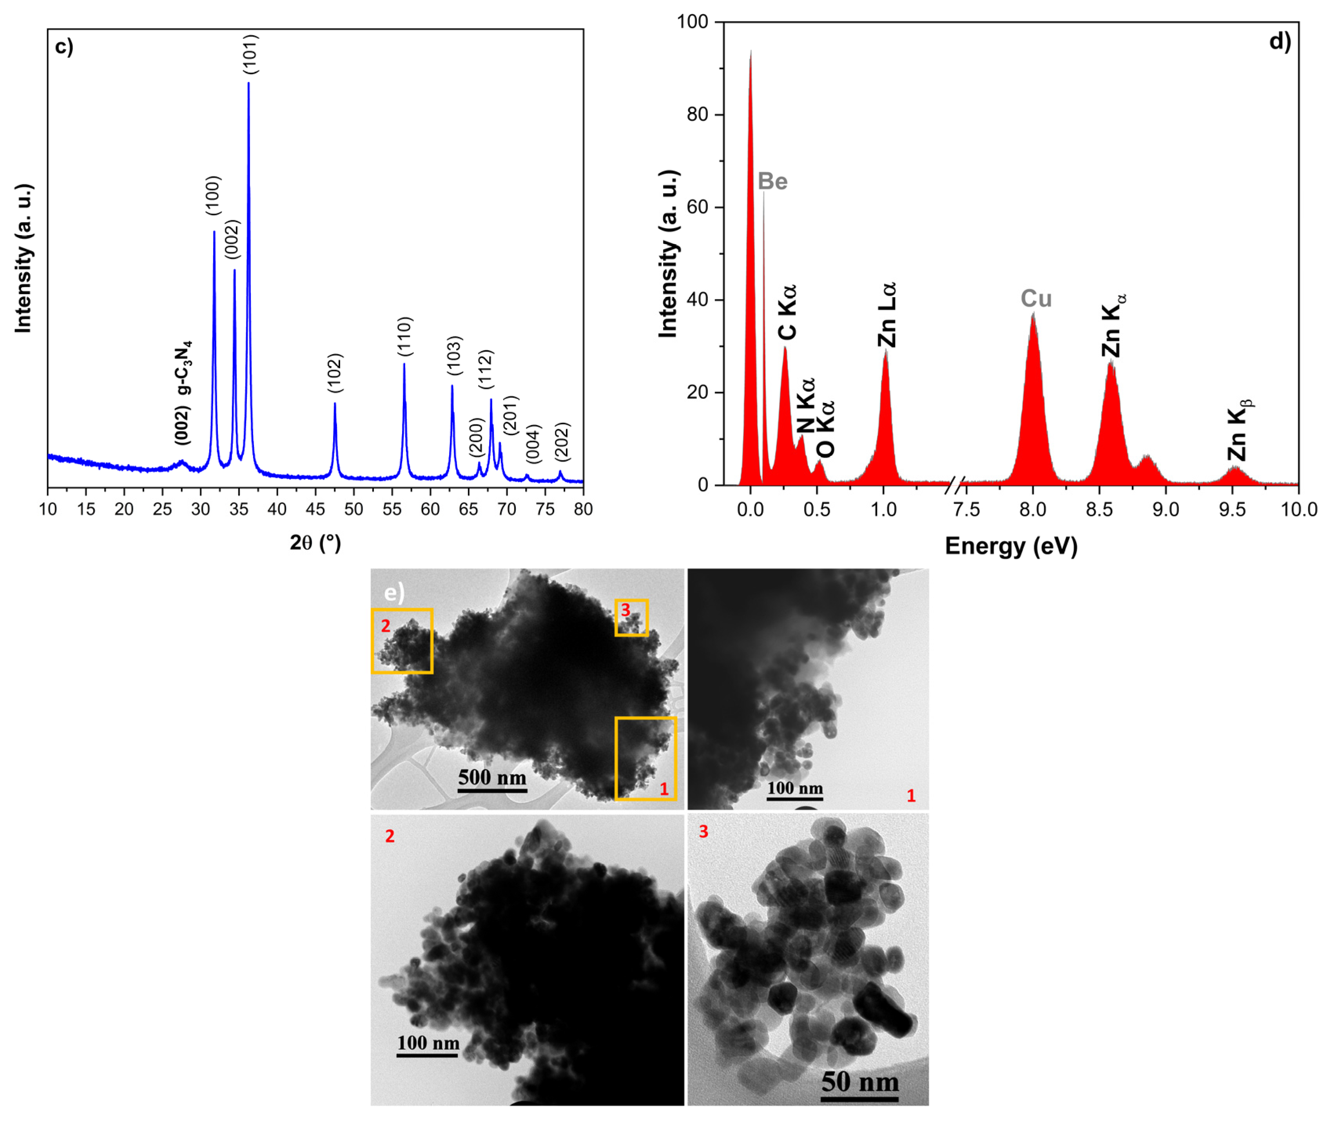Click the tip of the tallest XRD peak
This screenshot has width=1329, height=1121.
click(248, 83)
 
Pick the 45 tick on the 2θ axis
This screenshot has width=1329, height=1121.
click(315, 509)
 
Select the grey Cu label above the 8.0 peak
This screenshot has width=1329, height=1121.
click(1036, 299)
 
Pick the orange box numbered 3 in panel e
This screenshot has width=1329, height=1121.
click(631, 618)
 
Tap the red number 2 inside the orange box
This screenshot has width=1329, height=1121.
click(386, 626)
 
